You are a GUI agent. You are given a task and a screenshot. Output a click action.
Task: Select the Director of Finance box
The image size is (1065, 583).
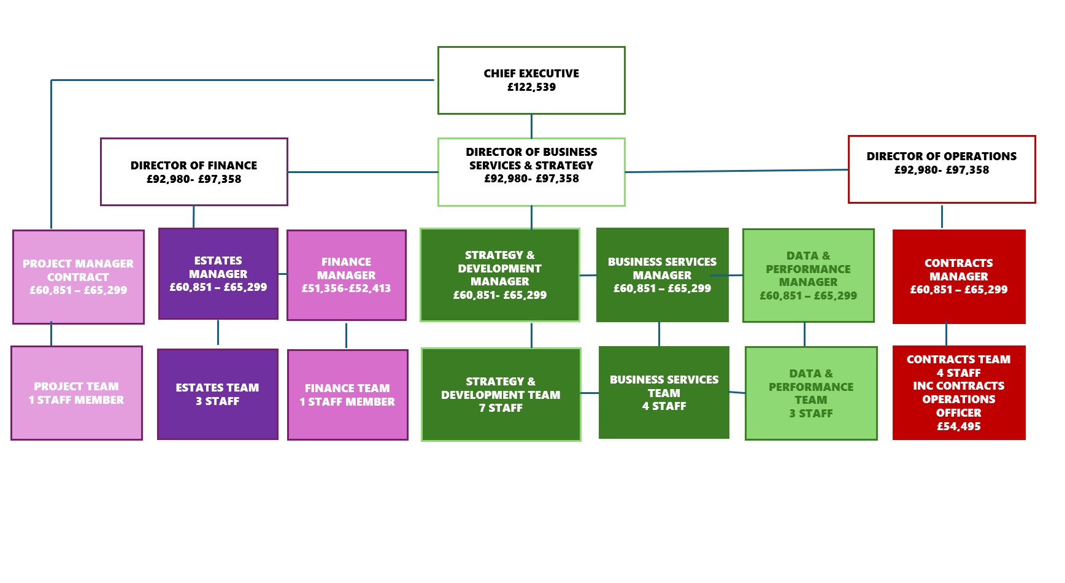(x=194, y=172)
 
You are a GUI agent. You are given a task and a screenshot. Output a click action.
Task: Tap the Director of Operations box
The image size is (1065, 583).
(x=941, y=169)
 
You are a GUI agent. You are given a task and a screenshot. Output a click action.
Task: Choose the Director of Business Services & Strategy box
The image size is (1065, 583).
(x=531, y=172)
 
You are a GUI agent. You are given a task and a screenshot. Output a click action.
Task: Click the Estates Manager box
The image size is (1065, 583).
(x=218, y=274)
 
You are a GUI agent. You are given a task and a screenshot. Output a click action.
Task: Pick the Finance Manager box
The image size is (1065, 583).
(x=346, y=275)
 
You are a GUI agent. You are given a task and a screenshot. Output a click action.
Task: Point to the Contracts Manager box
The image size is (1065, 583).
(x=958, y=276)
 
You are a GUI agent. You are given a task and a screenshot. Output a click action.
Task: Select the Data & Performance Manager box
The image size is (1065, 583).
(x=808, y=276)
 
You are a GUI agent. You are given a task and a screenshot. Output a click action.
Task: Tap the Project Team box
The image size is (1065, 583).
(x=77, y=393)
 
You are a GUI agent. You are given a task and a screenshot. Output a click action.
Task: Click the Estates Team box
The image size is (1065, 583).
(x=217, y=394)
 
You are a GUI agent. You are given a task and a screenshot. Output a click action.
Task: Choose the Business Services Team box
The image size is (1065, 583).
(x=664, y=393)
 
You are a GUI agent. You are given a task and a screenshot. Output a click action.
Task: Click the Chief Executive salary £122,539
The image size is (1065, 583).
(x=531, y=87)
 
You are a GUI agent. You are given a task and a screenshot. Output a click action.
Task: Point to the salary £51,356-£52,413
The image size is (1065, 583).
(x=346, y=288)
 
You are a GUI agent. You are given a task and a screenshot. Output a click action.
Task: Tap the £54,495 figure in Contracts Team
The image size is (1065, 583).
(x=958, y=427)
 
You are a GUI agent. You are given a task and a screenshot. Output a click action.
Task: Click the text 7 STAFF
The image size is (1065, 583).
(x=501, y=408)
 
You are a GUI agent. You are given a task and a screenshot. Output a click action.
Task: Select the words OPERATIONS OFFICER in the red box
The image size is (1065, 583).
(x=958, y=406)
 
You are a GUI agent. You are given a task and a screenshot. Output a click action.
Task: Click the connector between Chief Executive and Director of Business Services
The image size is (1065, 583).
(x=531, y=126)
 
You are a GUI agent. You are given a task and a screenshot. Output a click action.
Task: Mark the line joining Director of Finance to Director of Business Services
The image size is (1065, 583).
(x=362, y=172)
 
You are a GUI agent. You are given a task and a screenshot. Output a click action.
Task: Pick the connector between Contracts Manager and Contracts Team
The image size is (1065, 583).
(x=946, y=334)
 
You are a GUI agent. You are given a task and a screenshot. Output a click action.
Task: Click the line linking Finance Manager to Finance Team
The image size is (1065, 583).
(x=346, y=335)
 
